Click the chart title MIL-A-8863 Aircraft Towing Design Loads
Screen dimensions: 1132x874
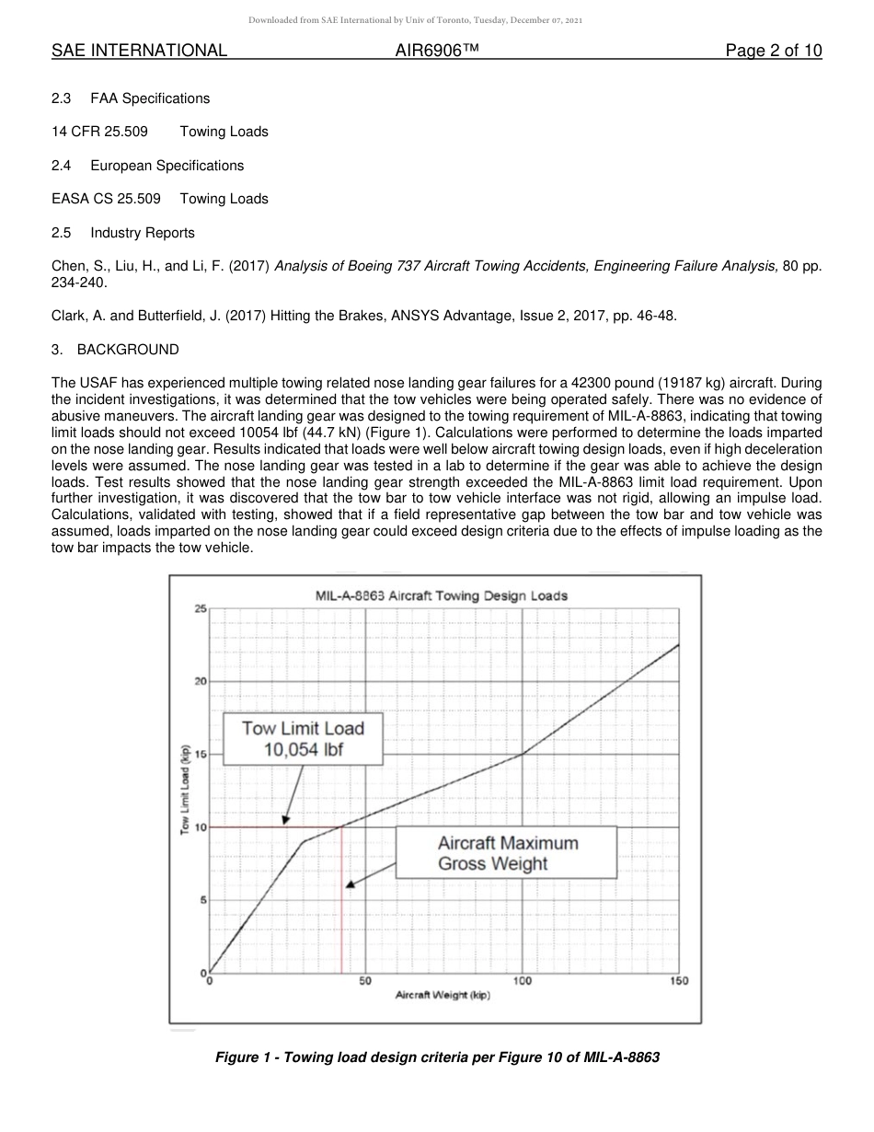[x=442, y=595]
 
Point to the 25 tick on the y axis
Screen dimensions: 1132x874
[x=201, y=609]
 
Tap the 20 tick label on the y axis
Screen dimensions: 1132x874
[x=201, y=682]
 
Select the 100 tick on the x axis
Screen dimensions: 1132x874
[x=523, y=981]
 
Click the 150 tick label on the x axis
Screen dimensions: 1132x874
[x=679, y=981]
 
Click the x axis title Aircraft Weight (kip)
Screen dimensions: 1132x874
[x=443, y=997]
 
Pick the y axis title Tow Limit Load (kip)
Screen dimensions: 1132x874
[x=185, y=789]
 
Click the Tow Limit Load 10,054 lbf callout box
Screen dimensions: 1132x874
[x=303, y=739]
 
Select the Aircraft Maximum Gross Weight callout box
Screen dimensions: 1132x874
[x=507, y=853]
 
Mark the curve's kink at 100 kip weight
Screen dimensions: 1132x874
[x=523, y=754]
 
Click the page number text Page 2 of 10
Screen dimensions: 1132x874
[x=773, y=51]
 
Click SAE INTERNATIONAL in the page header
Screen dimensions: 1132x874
[x=139, y=51]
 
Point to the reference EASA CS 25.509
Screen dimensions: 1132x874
[x=106, y=199]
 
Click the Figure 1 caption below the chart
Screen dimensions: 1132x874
[x=437, y=1057]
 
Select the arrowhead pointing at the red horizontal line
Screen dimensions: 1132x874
[x=286, y=820]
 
